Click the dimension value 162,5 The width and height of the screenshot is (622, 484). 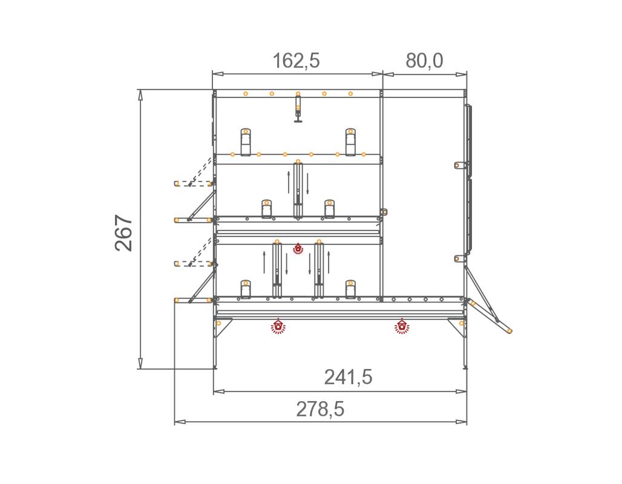(296, 60)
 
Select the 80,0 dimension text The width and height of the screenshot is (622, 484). (424, 60)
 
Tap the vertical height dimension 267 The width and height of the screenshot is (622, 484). (124, 233)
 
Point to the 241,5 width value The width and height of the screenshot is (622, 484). (349, 377)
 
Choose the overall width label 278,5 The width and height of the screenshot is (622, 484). (320, 409)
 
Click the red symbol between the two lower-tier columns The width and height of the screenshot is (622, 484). (298, 248)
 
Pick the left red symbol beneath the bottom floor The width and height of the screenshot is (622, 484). (278, 326)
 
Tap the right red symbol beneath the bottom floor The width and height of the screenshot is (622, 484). (402, 326)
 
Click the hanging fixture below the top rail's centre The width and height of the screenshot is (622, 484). (298, 108)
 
